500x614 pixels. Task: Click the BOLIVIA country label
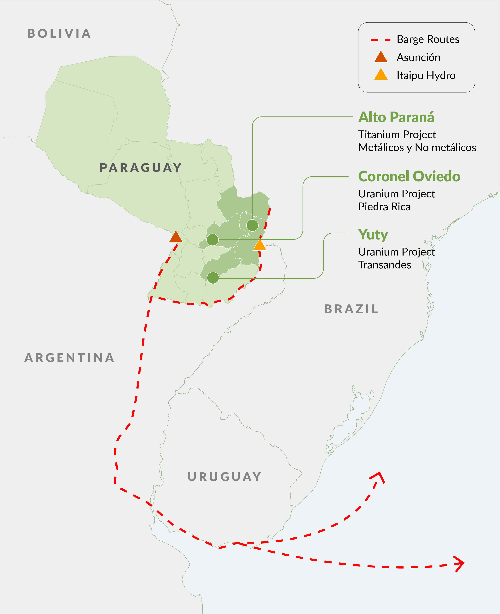59,34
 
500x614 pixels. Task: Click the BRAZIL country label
351,309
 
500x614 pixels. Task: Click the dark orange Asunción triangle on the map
176,237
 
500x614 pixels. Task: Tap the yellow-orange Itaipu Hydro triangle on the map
260,245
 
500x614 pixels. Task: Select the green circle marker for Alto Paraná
252,225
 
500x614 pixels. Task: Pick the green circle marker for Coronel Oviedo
213,239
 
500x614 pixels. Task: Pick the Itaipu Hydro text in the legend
426,75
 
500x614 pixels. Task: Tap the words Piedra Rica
384,207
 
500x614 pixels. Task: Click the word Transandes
384,265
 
